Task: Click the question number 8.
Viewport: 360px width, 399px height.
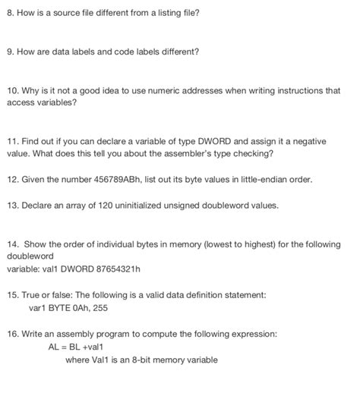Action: tap(9, 14)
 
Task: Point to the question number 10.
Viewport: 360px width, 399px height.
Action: tap(12, 90)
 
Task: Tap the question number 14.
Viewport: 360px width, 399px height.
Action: tap(12, 244)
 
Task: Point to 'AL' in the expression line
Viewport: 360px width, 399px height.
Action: tap(53, 347)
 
